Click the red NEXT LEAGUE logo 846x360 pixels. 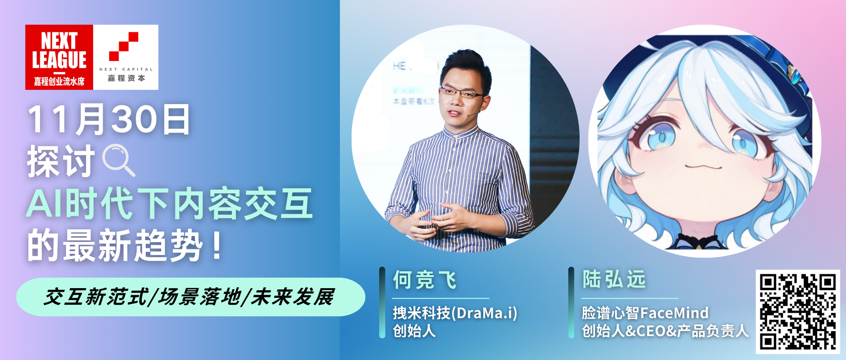[59, 57]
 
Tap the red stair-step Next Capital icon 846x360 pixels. [124, 46]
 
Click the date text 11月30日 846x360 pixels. [109, 120]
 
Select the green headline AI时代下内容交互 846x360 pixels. [170, 204]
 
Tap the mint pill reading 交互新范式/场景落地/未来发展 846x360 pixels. [191, 297]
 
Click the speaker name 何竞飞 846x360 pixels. [425, 280]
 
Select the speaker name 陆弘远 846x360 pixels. [614, 279]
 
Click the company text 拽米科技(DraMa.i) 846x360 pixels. [455, 313]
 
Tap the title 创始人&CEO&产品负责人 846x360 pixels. [665, 331]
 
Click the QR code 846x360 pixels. [798, 312]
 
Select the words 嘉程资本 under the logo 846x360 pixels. [127, 78]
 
